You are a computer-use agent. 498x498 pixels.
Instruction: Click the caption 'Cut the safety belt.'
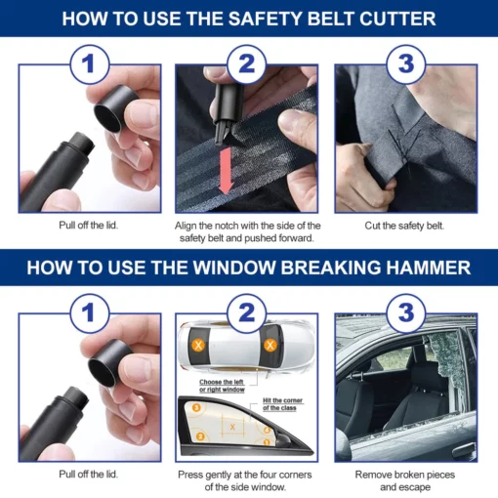[405, 226]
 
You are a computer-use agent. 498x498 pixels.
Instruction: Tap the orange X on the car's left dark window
[199, 345]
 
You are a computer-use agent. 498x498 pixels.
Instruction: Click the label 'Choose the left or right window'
[224, 385]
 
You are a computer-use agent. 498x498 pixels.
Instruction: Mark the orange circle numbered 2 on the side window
[199, 436]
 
